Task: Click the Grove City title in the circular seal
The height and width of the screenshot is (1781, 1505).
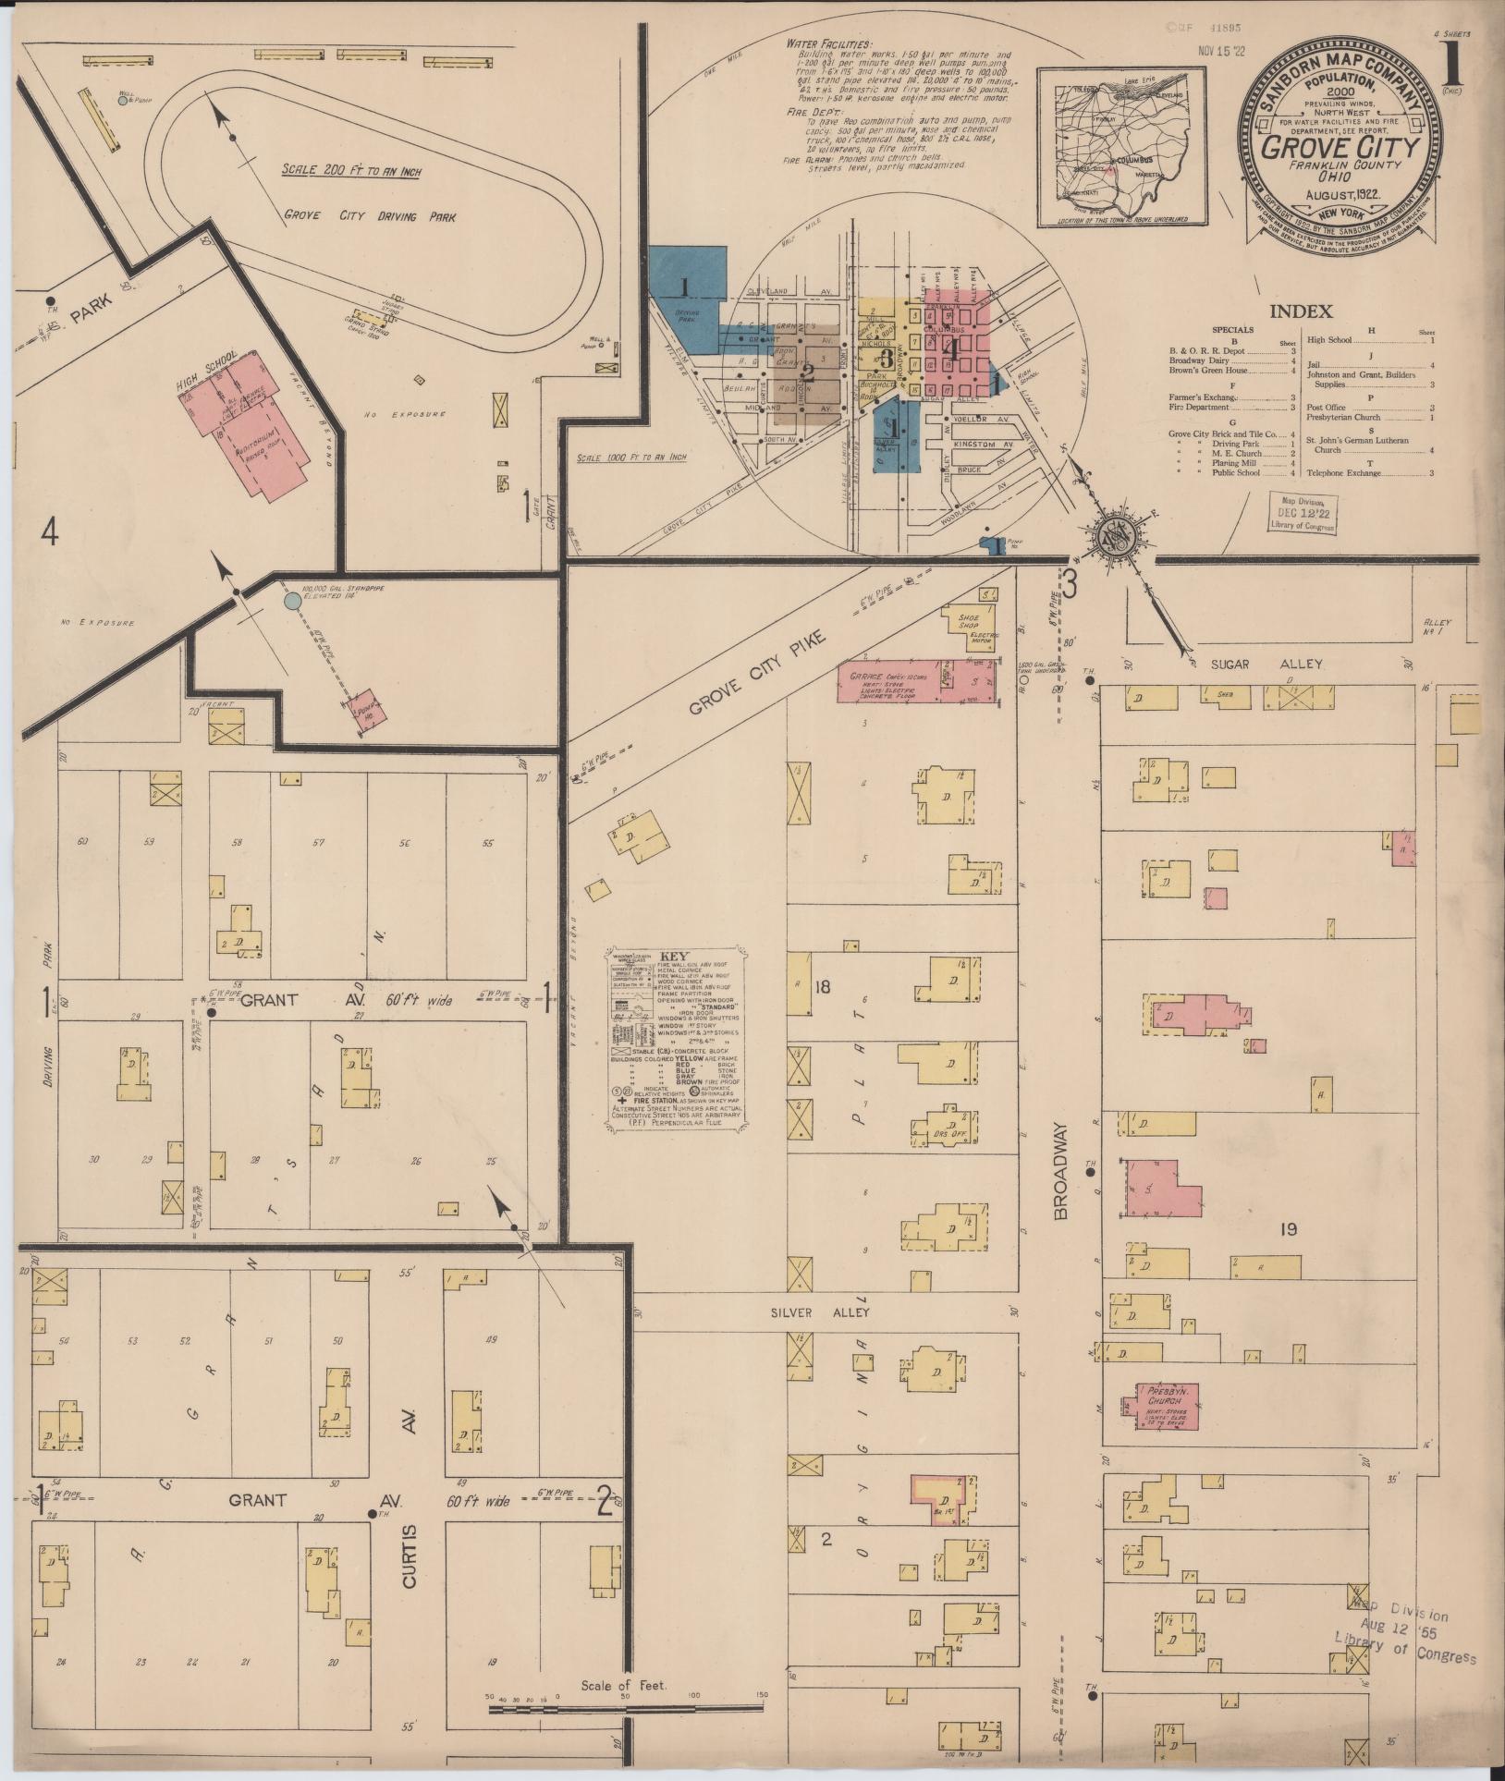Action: [x=1340, y=148]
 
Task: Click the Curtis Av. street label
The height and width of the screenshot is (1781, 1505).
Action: [x=410, y=1531]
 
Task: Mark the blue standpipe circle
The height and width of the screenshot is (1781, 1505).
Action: [x=292, y=601]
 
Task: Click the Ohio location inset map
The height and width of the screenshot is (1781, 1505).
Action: [x=1122, y=147]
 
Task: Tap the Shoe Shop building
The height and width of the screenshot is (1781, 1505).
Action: [x=968, y=622]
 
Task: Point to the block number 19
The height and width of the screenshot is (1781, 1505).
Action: [x=1289, y=1229]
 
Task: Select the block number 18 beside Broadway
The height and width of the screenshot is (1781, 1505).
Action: [x=822, y=987]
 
